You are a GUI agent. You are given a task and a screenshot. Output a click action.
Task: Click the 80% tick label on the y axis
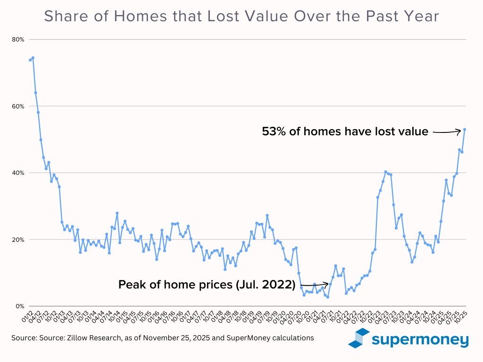tap(18, 39)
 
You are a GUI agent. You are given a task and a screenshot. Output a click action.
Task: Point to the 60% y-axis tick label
tap(18, 106)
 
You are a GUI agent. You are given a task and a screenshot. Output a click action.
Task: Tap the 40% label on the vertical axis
tap(18, 173)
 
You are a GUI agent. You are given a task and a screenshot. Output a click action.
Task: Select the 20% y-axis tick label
tap(18, 239)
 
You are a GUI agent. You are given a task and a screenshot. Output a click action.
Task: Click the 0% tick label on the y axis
tap(19, 306)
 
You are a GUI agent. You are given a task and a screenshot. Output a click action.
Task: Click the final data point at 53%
tap(465, 129)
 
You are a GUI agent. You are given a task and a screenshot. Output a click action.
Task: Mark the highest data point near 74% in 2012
tap(33, 58)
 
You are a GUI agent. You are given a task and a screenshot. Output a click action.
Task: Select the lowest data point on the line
tap(328, 297)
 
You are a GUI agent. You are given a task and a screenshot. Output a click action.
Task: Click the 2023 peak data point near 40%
tap(386, 172)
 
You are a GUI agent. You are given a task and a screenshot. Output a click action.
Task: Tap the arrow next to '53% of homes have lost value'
tap(447, 132)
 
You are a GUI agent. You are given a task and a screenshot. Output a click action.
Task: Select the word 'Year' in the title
tap(421, 16)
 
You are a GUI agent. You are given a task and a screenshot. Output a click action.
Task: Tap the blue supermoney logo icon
tap(358, 338)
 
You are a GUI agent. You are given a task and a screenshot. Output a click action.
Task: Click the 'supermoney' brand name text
tap(419, 339)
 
